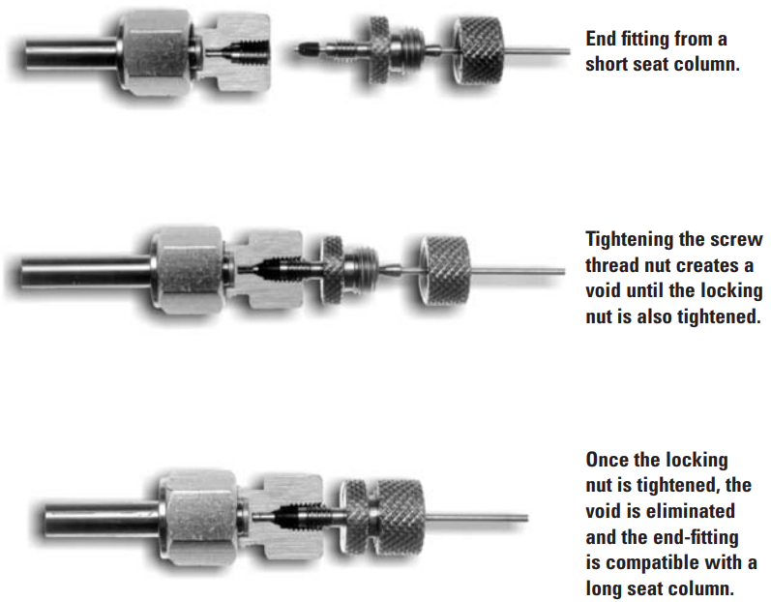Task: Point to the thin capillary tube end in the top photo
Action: [x=569, y=51]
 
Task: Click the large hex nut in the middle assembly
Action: [x=187, y=269]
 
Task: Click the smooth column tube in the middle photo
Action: [x=86, y=270]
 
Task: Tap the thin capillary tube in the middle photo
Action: [x=518, y=270]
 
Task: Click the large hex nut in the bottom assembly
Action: [x=198, y=518]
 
